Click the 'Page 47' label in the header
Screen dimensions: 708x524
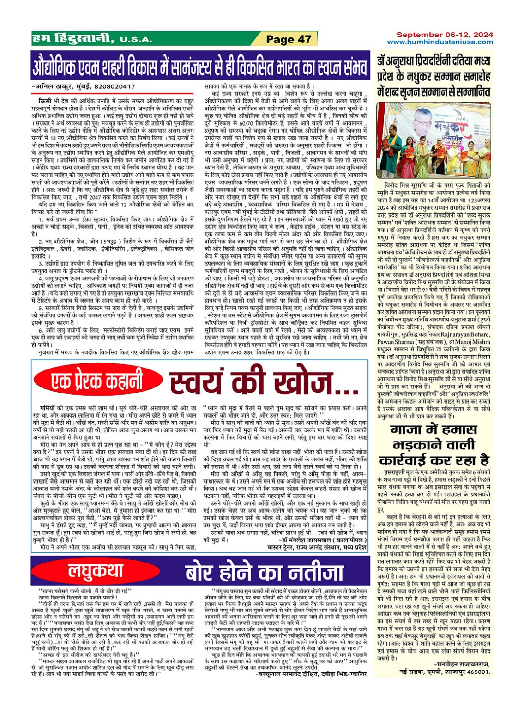pyautogui.click(x=289, y=39)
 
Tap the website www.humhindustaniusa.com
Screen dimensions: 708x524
pyautogui.click(x=440, y=42)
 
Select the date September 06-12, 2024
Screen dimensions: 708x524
pyautogui.click(x=444, y=35)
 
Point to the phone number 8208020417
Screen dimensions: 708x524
pyautogui.click(x=114, y=86)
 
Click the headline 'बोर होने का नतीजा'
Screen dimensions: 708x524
pyautogui.click(x=264, y=572)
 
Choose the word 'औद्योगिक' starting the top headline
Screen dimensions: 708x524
pyautogui.click(x=62, y=67)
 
